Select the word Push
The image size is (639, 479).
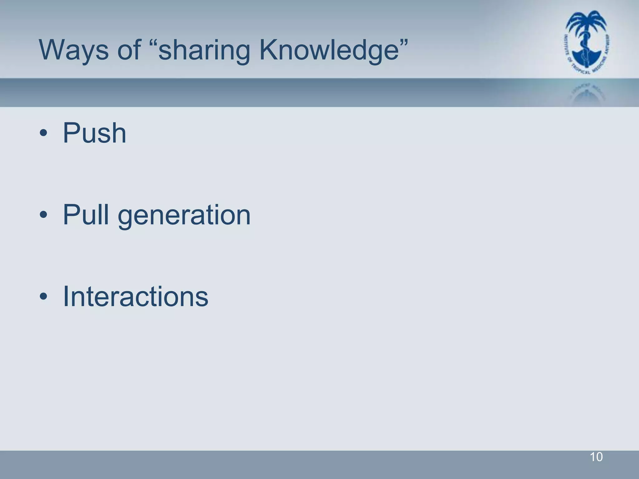[x=95, y=133]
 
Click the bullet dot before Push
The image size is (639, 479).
[x=43, y=133]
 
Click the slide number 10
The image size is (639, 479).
[x=596, y=457]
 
